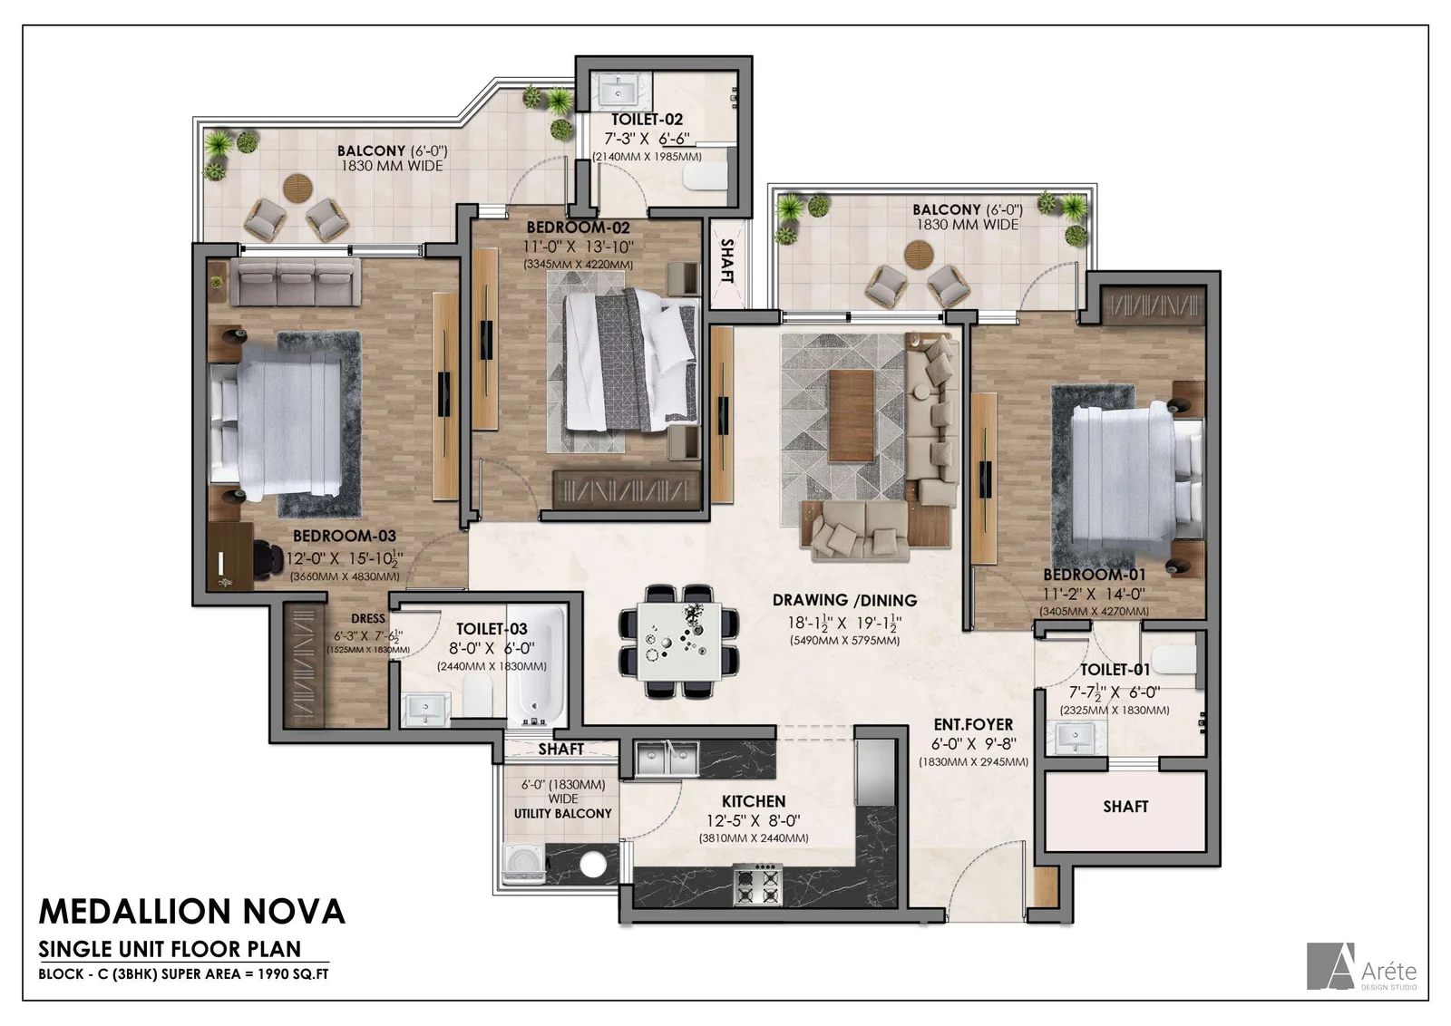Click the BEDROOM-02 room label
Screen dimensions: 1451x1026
pyautogui.click(x=578, y=227)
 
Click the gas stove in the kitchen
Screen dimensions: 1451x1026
pyautogui.click(x=758, y=885)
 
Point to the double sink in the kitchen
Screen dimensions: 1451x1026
pyautogui.click(x=667, y=759)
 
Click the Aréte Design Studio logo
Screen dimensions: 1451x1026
pyautogui.click(x=1361, y=966)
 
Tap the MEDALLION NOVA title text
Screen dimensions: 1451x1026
pyautogui.click(x=191, y=912)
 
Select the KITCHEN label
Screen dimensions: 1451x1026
pyautogui.click(x=754, y=801)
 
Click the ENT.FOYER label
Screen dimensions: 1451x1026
pyautogui.click(x=973, y=724)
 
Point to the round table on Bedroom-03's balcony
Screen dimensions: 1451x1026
pyautogui.click(x=298, y=189)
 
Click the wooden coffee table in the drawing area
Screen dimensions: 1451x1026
pyautogui.click(x=852, y=415)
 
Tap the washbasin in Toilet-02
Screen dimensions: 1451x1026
pyautogui.click(x=618, y=92)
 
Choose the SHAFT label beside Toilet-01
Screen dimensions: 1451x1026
pyautogui.click(x=1125, y=807)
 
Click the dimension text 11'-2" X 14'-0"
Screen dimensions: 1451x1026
pyautogui.click(x=1094, y=594)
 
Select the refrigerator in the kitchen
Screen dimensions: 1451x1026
pyautogui.click(x=875, y=773)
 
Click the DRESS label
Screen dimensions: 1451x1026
pyautogui.click(x=368, y=619)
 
